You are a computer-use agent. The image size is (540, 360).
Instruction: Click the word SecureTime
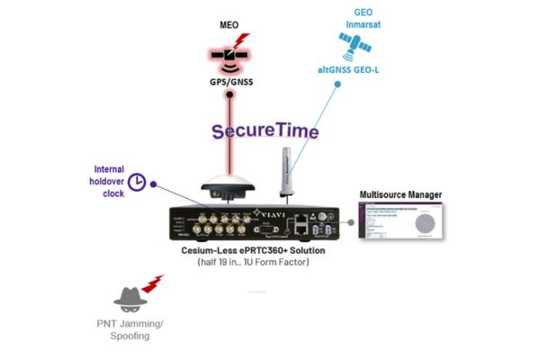click(x=265, y=131)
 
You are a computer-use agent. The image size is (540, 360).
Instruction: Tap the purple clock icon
click(x=137, y=182)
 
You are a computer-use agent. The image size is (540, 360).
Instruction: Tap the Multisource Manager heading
click(x=400, y=194)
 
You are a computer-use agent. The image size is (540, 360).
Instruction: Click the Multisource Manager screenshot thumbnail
click(x=400, y=220)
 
